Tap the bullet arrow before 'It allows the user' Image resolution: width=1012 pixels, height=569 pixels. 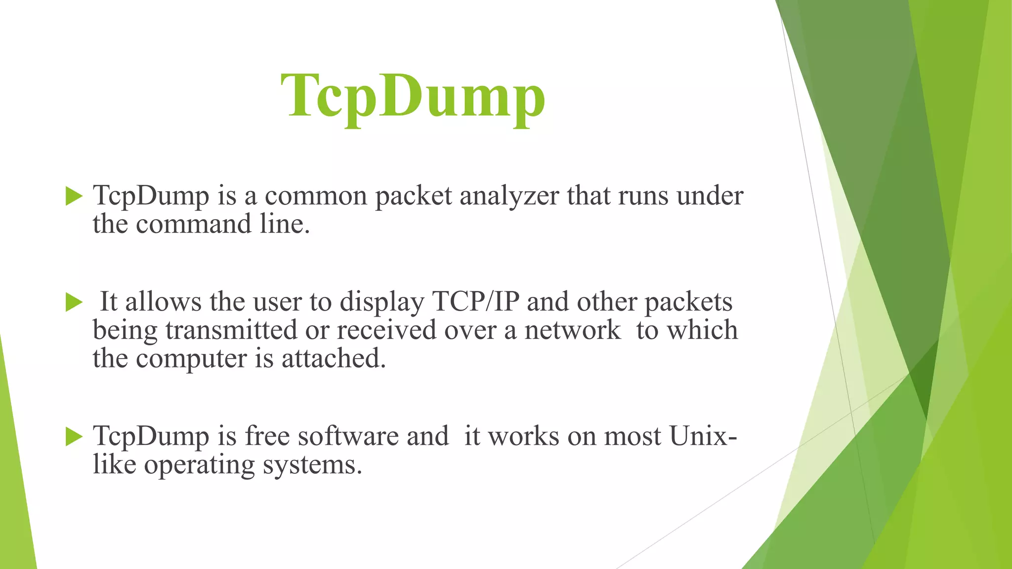point(74,302)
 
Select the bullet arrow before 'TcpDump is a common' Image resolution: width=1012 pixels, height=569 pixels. point(74,196)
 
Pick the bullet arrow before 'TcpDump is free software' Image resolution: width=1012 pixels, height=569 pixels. point(74,436)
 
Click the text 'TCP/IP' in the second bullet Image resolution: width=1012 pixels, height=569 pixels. point(475,301)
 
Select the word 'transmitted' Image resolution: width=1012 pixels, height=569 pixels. point(231,330)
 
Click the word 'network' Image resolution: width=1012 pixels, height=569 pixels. point(572,330)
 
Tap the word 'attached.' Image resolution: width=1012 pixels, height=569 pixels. point(334,359)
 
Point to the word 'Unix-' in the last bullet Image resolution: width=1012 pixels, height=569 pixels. point(703,436)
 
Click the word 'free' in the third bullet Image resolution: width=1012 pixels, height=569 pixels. point(267,436)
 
